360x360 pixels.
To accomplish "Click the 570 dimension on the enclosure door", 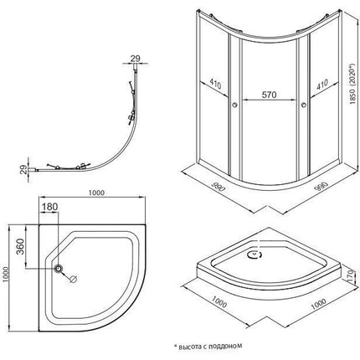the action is pos(269,95).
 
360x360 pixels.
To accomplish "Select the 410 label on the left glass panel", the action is pos(215,84).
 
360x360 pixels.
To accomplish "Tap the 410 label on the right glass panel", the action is pos(322,85).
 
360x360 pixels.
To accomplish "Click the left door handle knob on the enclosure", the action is pos(234,105).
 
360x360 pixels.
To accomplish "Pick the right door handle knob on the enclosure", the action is pos(304,105).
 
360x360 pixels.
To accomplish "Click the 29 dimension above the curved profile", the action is pos(135,59).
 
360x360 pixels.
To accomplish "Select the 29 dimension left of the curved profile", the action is pos(25,170).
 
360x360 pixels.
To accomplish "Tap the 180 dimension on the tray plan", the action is pos(49,207).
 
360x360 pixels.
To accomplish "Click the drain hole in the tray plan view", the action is pos(59,269).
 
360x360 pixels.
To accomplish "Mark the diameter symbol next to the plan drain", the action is pos(74,279).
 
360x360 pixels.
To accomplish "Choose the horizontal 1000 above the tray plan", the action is pos(96,193).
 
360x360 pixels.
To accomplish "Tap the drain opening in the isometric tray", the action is pos(255,255).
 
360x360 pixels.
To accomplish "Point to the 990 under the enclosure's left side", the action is pos(219,187).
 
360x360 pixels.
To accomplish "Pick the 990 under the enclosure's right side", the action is pos(321,187).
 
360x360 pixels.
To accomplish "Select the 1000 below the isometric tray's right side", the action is pos(318,304).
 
